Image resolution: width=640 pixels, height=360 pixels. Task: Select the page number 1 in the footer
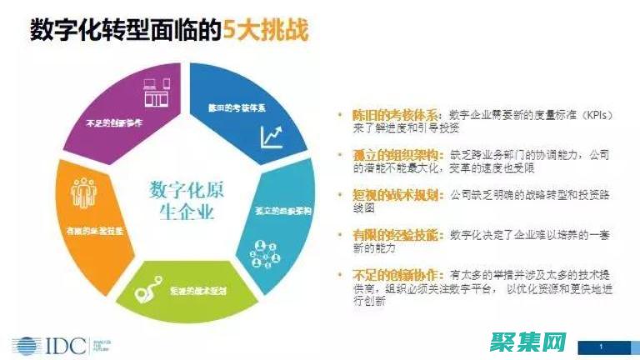(x=602, y=344)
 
